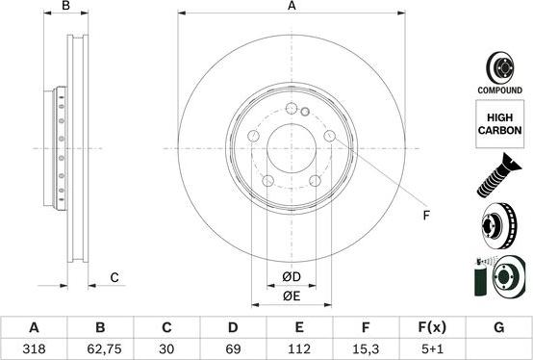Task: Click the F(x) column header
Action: click(x=432, y=327)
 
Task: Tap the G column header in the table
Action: click(x=498, y=327)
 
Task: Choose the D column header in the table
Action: click(x=233, y=327)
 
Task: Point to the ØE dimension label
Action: click(x=292, y=296)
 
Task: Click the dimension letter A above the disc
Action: click(x=292, y=8)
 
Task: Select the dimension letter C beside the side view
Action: click(x=114, y=278)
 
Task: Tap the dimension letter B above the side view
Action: click(x=65, y=8)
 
